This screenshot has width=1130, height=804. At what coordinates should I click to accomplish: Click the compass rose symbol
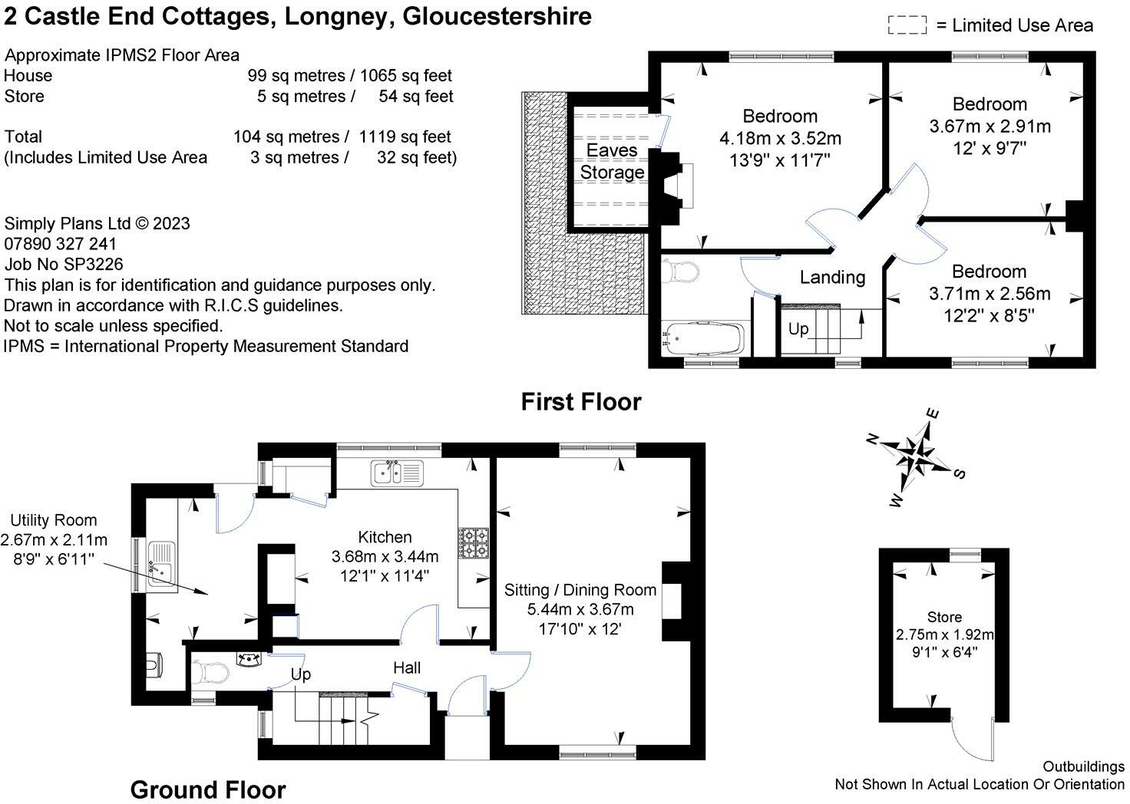point(916,457)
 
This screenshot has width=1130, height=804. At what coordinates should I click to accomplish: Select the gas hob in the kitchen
point(473,543)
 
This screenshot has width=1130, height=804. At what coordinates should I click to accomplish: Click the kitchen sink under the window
point(397,473)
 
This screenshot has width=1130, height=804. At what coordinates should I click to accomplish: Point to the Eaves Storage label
point(612,161)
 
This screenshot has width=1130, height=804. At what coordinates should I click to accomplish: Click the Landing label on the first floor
point(832,277)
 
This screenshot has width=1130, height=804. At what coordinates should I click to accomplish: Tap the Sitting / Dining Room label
point(580,590)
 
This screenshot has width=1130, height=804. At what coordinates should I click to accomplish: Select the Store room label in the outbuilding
point(944,617)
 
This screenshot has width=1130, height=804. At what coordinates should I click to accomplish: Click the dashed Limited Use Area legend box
point(907,25)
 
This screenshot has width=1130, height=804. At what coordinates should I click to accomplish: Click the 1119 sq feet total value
point(405,137)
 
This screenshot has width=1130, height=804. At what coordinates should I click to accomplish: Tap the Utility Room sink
point(161,564)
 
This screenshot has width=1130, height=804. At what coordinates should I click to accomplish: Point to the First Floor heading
point(581,402)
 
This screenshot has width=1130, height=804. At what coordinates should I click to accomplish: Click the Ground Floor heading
point(208,789)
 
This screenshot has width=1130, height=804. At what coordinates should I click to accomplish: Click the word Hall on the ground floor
point(407,668)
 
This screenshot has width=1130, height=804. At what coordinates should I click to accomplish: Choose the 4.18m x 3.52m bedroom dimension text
point(780,138)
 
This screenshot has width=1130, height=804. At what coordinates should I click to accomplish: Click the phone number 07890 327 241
point(60,244)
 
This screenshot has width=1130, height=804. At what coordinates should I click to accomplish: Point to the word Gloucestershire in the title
point(497,16)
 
